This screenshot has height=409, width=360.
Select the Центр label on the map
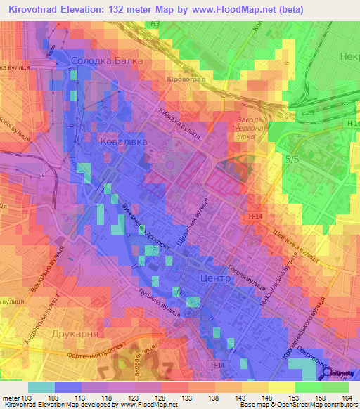(216, 278)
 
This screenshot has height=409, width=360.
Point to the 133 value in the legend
(188, 398)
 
